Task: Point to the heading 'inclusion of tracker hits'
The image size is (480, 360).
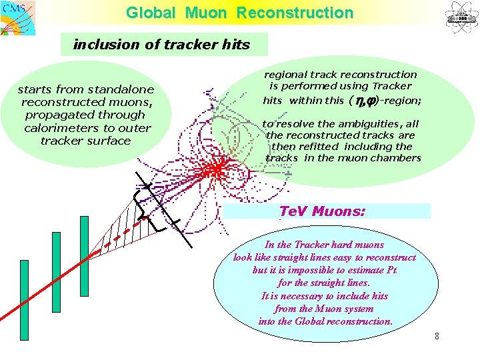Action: (x=161, y=45)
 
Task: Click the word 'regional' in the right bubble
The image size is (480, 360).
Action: (x=287, y=75)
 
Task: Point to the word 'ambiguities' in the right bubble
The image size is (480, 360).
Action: (x=369, y=124)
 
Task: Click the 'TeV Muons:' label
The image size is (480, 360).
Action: (x=323, y=211)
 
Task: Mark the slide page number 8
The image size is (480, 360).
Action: (x=437, y=336)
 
